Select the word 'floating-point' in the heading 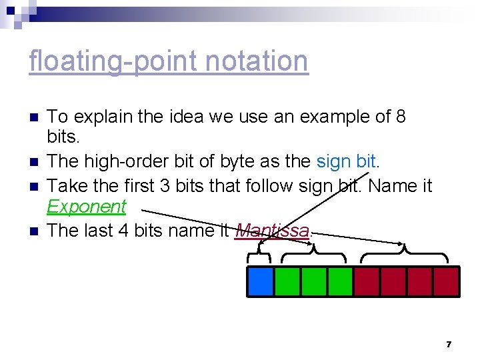[113, 61]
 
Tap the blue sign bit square [260, 281]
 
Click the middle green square [313, 281]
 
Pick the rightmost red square [446, 281]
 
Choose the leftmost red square [366, 281]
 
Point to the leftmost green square [287, 281]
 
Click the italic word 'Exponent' [86, 207]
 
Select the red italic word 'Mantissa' [272, 231]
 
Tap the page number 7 [449, 344]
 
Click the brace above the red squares [406, 253]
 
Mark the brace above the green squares [313, 253]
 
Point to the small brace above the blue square [260, 255]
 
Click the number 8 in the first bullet [400, 117]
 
